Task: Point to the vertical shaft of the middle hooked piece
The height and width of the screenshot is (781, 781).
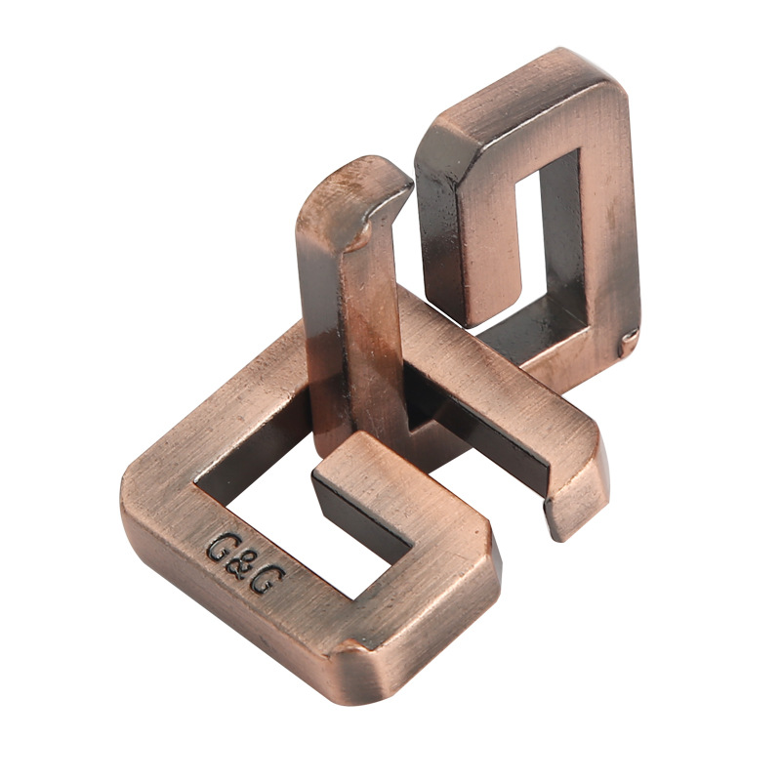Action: (x=356, y=342)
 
